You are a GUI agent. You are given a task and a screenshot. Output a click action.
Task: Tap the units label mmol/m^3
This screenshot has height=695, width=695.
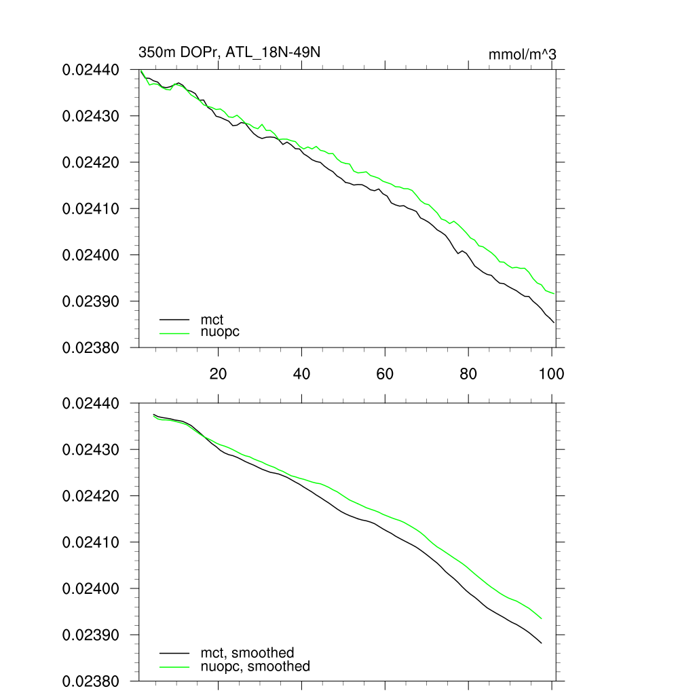(x=522, y=54)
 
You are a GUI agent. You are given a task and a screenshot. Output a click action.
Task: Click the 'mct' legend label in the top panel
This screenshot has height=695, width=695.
(x=212, y=318)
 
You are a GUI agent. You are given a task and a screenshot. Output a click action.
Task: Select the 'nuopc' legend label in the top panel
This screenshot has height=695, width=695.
(x=220, y=332)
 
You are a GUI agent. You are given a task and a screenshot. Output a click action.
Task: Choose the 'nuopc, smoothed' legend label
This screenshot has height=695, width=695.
(x=255, y=666)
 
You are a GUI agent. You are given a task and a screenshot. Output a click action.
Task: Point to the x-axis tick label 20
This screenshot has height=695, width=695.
(x=218, y=373)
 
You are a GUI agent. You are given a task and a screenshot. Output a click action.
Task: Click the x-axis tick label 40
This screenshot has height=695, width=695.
(x=301, y=373)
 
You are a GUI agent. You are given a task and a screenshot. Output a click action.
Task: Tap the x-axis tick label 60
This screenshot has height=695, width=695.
(x=385, y=373)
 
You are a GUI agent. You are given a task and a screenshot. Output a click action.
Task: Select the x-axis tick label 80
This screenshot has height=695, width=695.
(x=468, y=373)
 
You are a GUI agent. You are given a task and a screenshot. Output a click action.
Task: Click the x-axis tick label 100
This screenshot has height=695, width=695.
(x=551, y=373)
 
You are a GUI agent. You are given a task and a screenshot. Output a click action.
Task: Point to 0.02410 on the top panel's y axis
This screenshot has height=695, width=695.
(x=91, y=208)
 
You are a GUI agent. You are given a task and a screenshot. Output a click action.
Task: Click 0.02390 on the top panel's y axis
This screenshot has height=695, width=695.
(x=91, y=301)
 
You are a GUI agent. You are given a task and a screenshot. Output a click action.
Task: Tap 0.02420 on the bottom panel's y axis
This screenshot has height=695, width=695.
(x=91, y=496)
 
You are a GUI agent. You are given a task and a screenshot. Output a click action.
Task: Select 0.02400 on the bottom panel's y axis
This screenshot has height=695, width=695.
(x=91, y=588)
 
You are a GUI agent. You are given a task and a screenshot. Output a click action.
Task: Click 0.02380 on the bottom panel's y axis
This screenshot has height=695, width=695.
(x=91, y=681)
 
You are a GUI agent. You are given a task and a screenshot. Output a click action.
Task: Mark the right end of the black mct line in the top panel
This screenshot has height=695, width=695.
(x=555, y=322)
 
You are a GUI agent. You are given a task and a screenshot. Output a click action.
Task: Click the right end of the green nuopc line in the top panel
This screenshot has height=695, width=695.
(x=555, y=294)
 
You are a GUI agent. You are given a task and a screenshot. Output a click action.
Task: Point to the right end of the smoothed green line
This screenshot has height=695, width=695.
(x=542, y=618)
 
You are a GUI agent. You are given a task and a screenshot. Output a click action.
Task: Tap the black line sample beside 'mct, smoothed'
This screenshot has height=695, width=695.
(x=174, y=653)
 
